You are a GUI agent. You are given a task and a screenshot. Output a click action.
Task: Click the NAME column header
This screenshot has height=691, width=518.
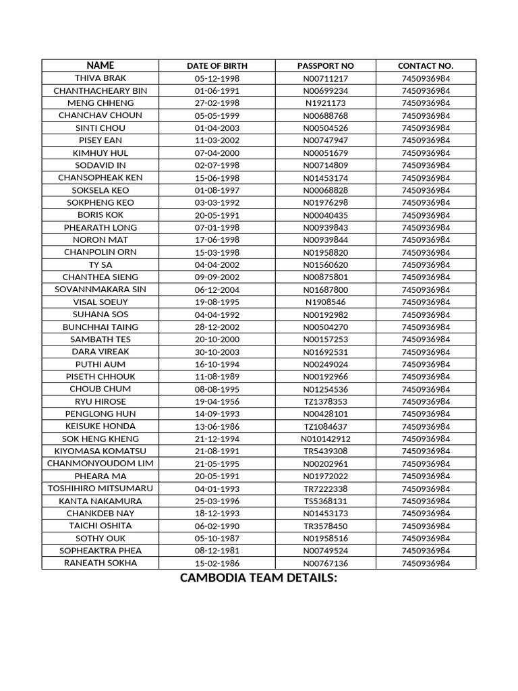[100, 65]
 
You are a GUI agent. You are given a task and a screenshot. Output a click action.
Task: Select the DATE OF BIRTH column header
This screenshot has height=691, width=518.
[217, 66]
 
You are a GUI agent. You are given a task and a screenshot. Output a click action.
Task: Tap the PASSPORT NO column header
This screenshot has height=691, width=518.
[326, 66]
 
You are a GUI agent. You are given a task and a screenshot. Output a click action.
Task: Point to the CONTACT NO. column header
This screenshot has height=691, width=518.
[426, 66]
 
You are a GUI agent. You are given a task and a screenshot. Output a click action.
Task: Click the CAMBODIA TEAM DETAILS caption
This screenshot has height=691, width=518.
[258, 578]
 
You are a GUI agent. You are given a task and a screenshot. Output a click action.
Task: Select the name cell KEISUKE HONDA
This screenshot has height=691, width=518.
[100, 426]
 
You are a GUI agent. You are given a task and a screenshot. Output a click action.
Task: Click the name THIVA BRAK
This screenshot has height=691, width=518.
[100, 78]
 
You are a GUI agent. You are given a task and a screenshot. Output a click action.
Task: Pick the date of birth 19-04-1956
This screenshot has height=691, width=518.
[217, 402]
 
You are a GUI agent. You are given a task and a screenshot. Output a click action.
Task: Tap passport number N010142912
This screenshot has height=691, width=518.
[326, 439]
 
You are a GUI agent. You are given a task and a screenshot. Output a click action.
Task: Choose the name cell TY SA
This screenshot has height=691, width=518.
[100, 265]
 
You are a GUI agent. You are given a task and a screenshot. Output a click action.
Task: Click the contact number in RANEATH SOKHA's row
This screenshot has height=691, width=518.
[426, 563]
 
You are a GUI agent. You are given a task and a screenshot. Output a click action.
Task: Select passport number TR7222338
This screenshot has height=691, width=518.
[326, 489]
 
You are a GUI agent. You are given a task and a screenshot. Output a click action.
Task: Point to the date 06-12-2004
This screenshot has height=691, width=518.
[217, 289]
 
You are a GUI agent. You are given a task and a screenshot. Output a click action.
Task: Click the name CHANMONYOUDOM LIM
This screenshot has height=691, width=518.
[100, 464]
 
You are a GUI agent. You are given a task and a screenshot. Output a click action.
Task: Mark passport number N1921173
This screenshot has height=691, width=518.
[326, 103]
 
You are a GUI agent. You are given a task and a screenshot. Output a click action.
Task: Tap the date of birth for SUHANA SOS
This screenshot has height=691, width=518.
[217, 314]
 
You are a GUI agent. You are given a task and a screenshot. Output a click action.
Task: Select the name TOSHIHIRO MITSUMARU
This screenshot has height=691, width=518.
[100, 489]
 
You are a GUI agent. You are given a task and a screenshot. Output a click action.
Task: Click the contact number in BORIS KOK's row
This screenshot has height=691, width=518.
[426, 215]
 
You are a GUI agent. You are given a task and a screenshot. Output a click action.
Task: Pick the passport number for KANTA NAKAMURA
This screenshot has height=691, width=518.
[326, 501]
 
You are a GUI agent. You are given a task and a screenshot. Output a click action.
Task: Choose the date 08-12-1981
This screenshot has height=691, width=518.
[217, 551]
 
